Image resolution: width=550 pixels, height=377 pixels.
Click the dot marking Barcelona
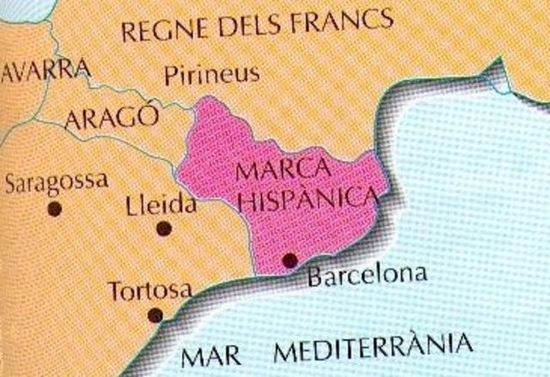[x=289, y=259]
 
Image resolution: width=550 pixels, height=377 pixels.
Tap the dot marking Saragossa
[x=55, y=207]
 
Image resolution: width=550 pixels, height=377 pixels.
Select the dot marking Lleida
[x=163, y=228]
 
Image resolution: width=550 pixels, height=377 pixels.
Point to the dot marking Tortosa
[x=154, y=313]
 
